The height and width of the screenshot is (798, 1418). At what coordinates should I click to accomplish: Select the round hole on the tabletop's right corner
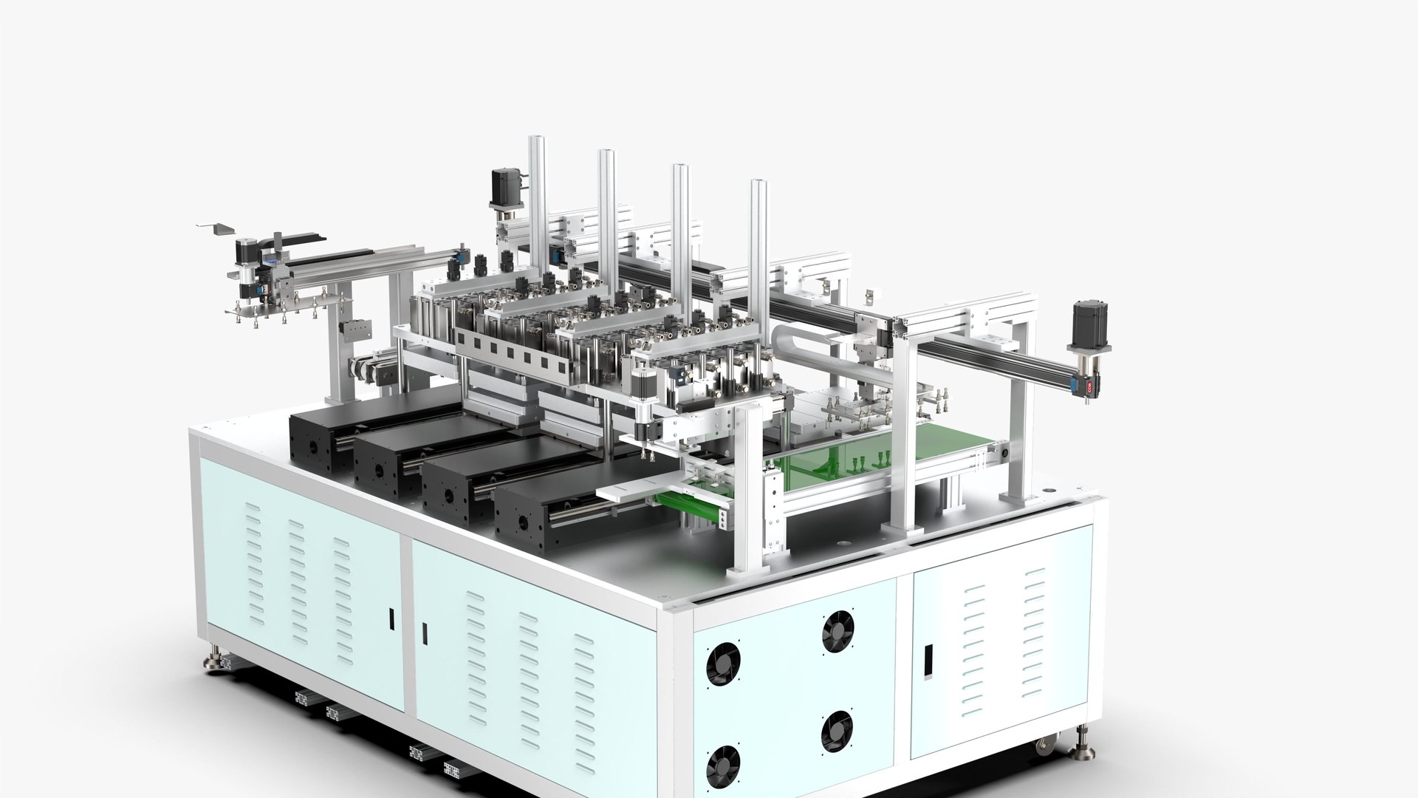[1047, 489]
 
